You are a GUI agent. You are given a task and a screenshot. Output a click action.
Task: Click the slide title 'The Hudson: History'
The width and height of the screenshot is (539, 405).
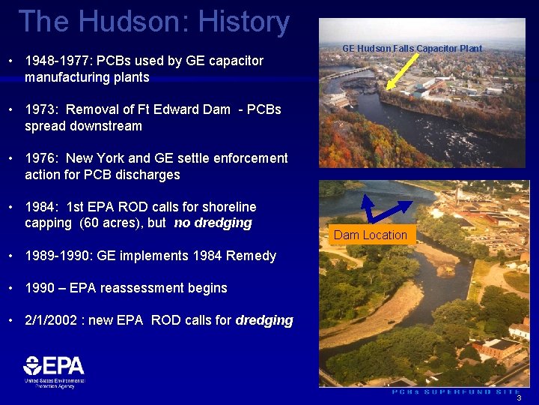pos(153,22)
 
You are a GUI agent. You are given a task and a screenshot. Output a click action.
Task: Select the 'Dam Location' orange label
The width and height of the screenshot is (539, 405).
pos(371,235)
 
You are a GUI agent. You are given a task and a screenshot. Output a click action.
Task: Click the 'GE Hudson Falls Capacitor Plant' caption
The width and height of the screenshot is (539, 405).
pos(412,48)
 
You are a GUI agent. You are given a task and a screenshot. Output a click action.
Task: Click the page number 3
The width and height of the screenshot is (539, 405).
pos(519,398)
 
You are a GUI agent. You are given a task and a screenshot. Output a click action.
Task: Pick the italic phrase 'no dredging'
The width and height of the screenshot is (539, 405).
pos(213,223)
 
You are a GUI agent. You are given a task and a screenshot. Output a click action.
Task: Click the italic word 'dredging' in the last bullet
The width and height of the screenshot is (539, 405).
pos(264,320)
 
